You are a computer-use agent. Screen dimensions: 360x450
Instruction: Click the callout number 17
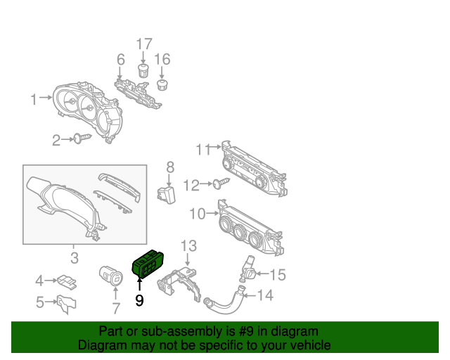click(x=143, y=44)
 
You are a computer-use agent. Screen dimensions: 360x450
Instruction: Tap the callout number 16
click(x=162, y=59)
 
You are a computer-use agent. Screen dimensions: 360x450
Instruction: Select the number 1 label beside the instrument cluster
click(x=33, y=100)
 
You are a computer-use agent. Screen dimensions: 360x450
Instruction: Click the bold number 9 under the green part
click(x=139, y=301)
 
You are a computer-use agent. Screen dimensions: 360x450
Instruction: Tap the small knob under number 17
click(x=143, y=71)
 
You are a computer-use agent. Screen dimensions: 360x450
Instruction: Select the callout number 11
click(x=203, y=149)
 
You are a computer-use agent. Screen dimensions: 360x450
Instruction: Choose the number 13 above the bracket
click(x=189, y=245)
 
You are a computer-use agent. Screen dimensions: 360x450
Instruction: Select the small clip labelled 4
click(x=67, y=281)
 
